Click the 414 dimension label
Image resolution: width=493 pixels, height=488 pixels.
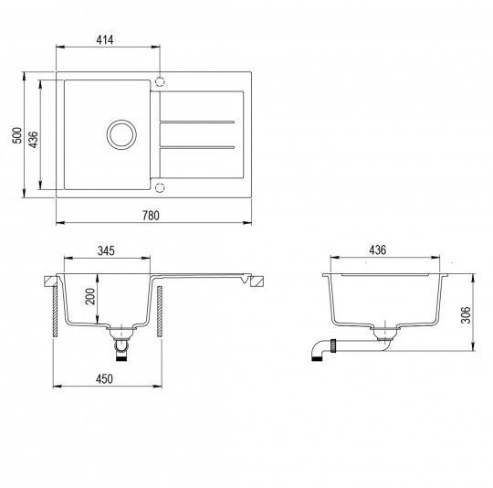point(105,40)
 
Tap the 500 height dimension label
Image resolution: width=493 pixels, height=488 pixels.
point(17,135)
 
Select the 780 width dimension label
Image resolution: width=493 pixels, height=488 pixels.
point(151,216)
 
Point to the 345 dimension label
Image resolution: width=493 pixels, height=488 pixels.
point(106,250)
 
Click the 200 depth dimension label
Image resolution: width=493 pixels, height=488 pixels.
point(90,296)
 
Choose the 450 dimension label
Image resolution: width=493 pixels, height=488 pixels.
point(104,379)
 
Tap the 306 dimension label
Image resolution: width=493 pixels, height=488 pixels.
point(466,315)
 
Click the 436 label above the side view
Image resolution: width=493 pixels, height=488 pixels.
point(377,250)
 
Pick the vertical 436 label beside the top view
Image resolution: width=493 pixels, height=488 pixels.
point(33,140)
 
